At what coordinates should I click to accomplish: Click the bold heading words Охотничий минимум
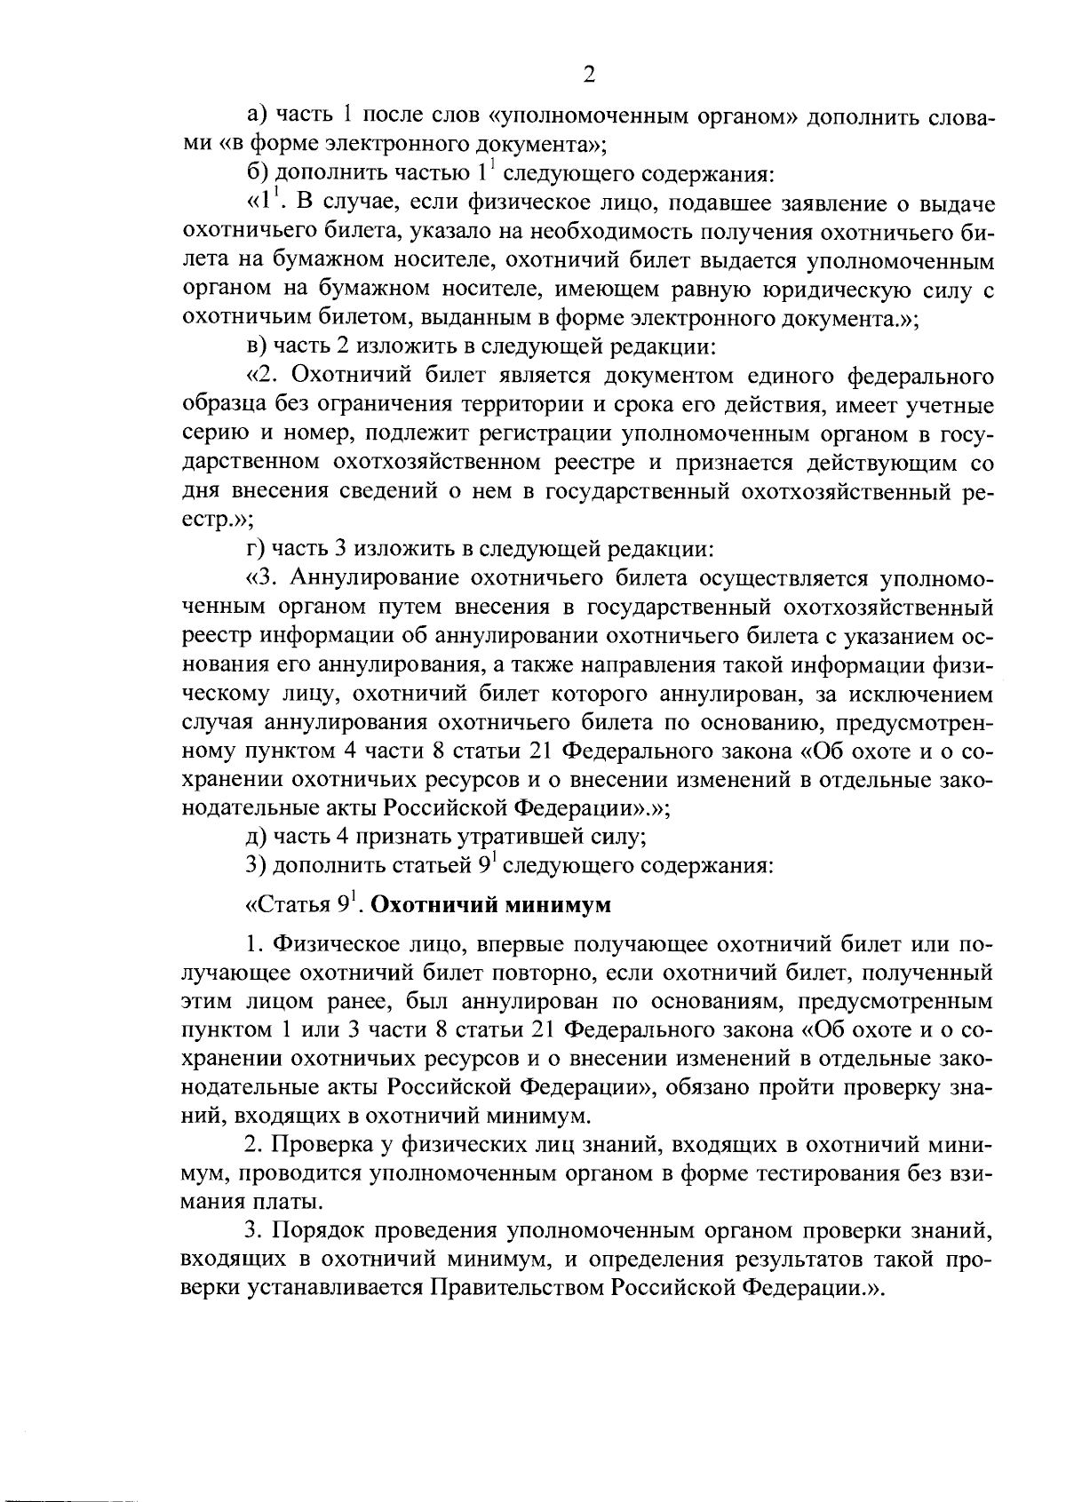click(491, 907)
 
